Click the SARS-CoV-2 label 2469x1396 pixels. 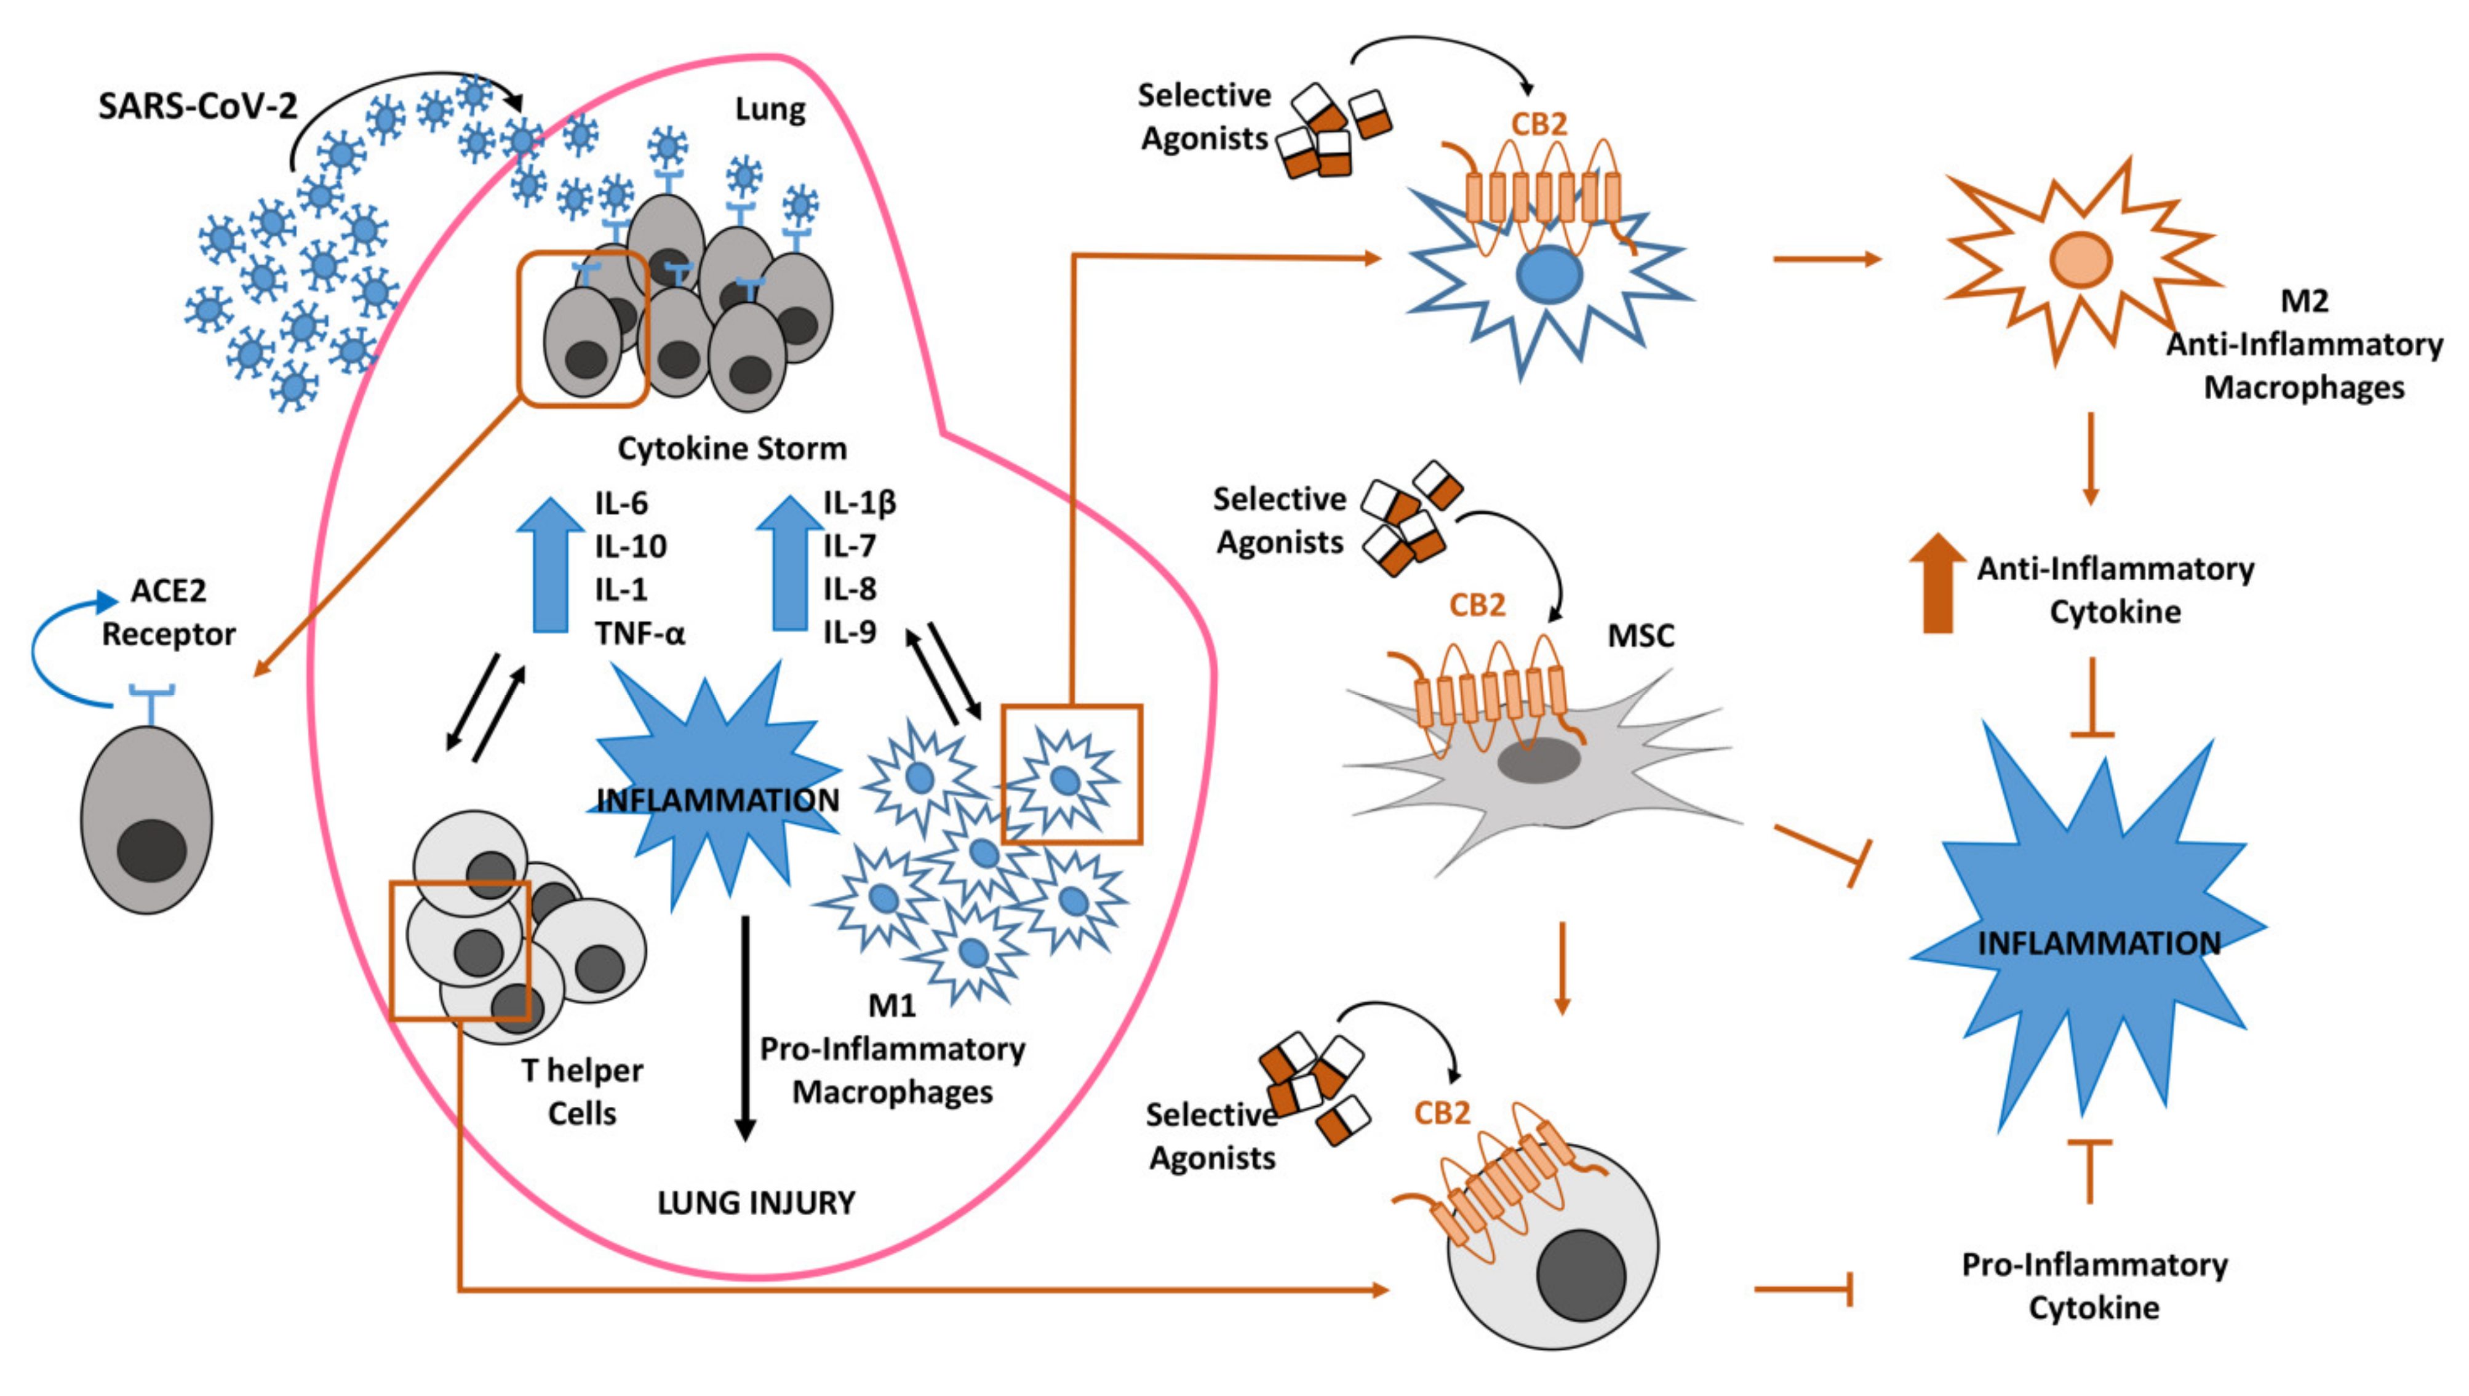(197, 105)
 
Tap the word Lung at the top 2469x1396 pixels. (770, 110)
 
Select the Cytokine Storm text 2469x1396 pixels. (732, 449)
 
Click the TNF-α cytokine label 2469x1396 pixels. (639, 633)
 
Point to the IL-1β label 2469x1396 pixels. (859, 503)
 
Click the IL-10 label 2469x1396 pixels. (630, 546)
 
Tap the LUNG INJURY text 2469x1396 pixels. (756, 1202)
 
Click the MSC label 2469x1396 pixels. (1641, 635)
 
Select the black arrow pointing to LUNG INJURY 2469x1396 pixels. (745, 1029)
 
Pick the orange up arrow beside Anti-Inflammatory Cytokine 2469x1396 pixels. (1938, 583)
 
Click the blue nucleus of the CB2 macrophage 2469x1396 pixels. (1549, 275)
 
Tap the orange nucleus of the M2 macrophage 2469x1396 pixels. (2080, 260)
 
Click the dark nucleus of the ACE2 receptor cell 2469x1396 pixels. (151, 850)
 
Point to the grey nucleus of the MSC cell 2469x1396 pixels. (1539, 760)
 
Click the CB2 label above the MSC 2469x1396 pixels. (1477, 605)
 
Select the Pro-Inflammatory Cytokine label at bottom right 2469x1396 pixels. (2094, 1286)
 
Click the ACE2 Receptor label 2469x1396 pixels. (169, 612)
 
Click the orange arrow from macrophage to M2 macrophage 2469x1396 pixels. (1827, 259)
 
